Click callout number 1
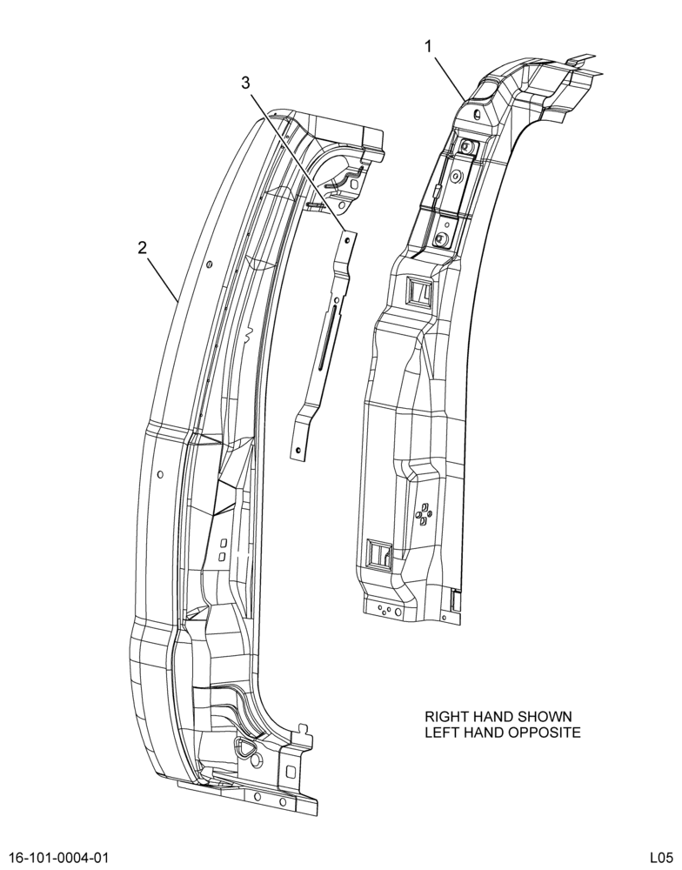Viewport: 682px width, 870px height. tap(428, 48)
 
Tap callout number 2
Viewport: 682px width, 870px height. tap(143, 247)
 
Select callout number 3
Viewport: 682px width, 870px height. tap(245, 83)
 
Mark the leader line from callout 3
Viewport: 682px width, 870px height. tap(298, 164)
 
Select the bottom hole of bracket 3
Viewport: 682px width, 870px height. tap(299, 450)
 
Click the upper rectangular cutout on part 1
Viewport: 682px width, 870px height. tap(419, 291)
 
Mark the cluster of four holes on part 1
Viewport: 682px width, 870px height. tap(424, 513)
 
